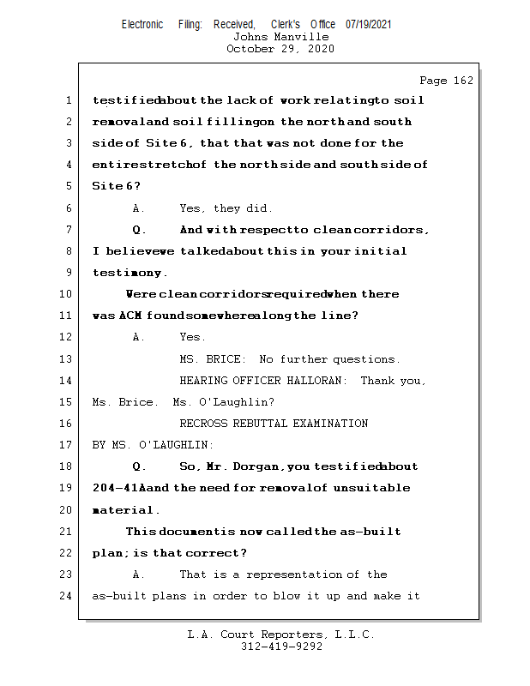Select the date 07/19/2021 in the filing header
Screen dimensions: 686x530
click(369, 25)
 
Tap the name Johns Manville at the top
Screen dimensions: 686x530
click(280, 37)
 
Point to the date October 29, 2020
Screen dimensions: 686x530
click(280, 49)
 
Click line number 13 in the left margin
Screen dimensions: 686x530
click(68, 359)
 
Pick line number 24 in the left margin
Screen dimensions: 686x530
click(68, 596)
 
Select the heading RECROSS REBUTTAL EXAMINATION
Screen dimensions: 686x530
click(274, 424)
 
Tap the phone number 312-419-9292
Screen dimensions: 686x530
click(281, 647)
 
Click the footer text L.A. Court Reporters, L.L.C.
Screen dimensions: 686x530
click(280, 635)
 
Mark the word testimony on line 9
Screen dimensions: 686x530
click(129, 273)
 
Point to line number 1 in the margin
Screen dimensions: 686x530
click(68, 100)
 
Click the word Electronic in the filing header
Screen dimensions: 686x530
click(142, 25)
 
